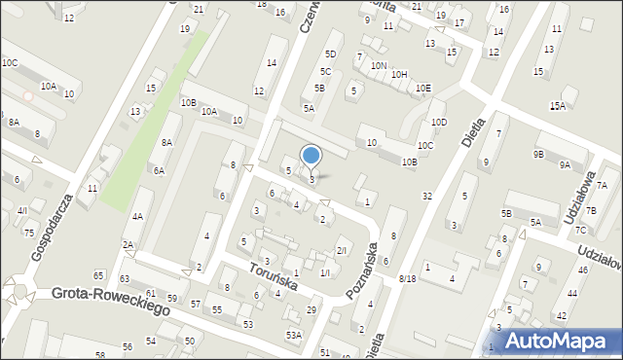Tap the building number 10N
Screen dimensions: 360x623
[379, 66]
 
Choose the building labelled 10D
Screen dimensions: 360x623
[439, 122]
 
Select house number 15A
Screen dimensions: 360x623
[557, 106]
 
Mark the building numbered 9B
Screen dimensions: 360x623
[538, 154]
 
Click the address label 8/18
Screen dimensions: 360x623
[407, 279]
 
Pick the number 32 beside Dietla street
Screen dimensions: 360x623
[426, 197]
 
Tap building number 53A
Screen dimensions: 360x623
[293, 335]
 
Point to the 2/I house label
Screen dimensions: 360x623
[341, 251]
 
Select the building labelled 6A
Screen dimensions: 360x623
[158, 170]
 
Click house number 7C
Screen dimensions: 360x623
[581, 231]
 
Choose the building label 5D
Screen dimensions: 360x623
[330, 54]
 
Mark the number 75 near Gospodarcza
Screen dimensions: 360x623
[29, 233]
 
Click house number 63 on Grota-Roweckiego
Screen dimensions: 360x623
[125, 278]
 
